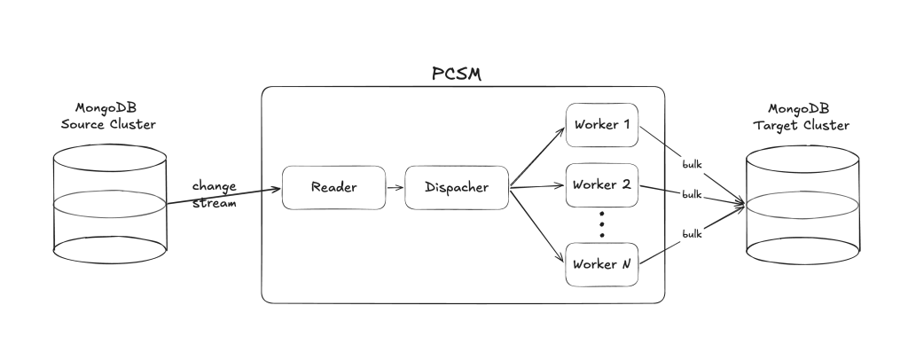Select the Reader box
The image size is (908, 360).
click(333, 188)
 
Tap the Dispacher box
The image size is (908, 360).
click(457, 188)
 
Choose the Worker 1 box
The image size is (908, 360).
click(601, 124)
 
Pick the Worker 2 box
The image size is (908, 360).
click(601, 186)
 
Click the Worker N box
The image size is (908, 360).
click(601, 264)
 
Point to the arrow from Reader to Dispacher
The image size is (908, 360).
click(395, 188)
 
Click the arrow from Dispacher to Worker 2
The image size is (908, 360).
click(537, 187)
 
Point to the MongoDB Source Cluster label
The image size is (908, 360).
click(108, 116)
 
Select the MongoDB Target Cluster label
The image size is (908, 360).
click(802, 117)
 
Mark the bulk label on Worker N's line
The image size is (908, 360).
click(693, 233)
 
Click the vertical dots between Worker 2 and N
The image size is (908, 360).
click(601, 225)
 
